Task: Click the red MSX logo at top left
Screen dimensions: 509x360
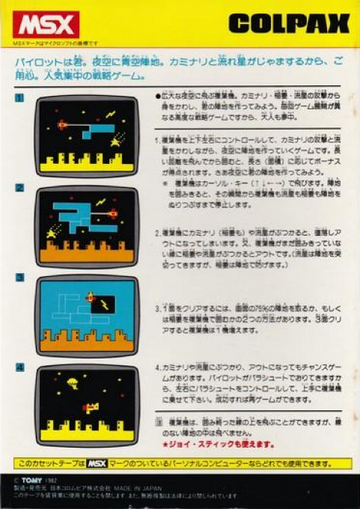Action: tap(45, 25)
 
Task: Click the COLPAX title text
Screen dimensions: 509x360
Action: tap(289, 25)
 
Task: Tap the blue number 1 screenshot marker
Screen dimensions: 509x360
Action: tap(19, 97)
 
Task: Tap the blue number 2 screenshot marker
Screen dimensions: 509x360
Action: tap(19, 188)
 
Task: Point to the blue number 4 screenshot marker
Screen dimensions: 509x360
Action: tap(19, 368)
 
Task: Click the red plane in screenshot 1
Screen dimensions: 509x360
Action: tap(62, 124)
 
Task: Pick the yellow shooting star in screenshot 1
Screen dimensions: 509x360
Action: tap(117, 140)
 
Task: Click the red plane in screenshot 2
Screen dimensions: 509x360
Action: tap(112, 214)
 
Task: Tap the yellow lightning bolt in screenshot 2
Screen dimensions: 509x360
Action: tap(101, 202)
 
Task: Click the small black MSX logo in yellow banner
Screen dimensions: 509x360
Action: tap(97, 464)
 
